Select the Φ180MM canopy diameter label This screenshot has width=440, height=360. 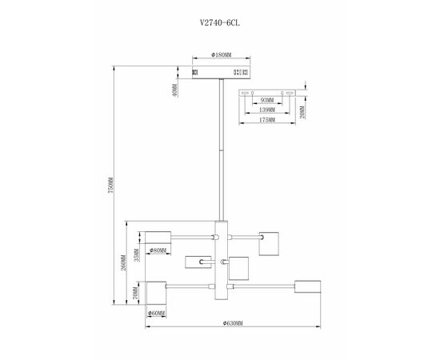coord(221,55)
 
